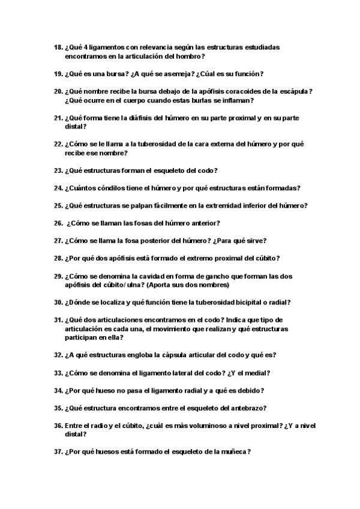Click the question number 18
coord(58,47)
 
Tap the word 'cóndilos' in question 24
coord(119,188)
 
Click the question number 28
coord(58,258)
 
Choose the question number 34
coord(58,391)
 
